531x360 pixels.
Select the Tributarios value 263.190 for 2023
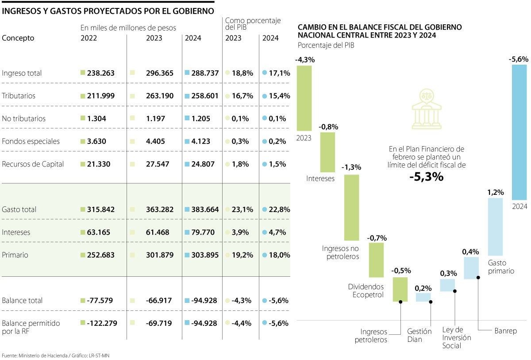pyautogui.click(x=159, y=96)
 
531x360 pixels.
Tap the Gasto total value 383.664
pyautogui.click(x=205, y=209)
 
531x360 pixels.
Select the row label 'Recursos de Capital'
pyautogui.click(x=33, y=164)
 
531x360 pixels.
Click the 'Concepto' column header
pyautogui.click(x=18, y=38)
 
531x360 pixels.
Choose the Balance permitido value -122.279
pyautogui.click(x=101, y=323)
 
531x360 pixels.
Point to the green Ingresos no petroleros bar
pyautogui.click(x=352, y=207)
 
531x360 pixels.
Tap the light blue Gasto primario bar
pyautogui.click(x=496, y=226)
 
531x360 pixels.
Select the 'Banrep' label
pyautogui.click(x=505, y=331)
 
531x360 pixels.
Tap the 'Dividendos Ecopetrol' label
pyautogui.click(x=365, y=290)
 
